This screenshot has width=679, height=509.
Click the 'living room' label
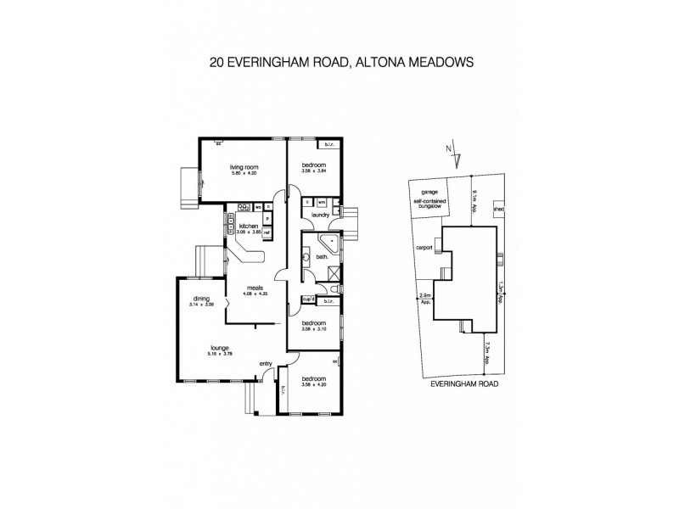point(243,167)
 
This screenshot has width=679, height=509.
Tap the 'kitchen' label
point(248,226)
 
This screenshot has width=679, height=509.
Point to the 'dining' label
point(200,298)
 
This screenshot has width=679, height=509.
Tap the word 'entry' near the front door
point(265,364)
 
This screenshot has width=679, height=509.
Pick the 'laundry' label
point(320,215)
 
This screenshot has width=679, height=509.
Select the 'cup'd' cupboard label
point(309,299)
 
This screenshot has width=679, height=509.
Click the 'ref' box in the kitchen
point(267,232)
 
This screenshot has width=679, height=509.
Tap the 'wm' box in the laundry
point(322,202)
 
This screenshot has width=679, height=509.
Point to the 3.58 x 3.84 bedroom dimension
point(313,172)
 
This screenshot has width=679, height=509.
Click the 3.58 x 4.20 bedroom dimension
point(313,383)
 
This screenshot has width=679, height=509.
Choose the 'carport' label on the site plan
point(424,248)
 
